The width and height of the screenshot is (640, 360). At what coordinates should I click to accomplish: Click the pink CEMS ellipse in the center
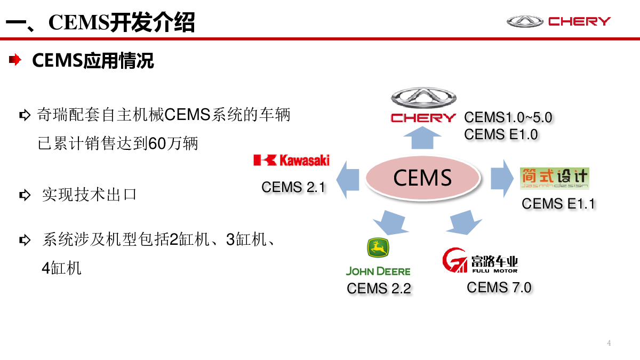[x=422, y=178]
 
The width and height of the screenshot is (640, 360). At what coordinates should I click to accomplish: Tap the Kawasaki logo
[x=291, y=159]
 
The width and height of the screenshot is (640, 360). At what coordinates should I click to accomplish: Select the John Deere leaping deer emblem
[x=378, y=247]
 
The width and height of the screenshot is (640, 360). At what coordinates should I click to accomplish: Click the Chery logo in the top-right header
[x=558, y=21]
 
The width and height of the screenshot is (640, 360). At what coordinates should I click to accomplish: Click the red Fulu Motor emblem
[x=454, y=260]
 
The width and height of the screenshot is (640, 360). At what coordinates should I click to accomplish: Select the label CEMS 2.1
[x=293, y=187]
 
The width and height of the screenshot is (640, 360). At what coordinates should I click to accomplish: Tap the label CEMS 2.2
[x=379, y=289]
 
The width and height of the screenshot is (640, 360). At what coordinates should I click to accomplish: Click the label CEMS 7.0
[x=499, y=287]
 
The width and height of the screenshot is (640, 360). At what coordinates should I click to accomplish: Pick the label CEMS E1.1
[x=558, y=203]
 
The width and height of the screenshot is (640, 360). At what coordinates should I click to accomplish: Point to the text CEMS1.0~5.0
[x=508, y=117]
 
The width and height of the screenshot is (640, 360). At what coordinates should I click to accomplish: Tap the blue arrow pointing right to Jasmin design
[x=501, y=178]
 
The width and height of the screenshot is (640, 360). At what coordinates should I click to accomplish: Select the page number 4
[x=609, y=343]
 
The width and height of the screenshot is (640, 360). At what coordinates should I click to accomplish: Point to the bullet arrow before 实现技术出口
[x=25, y=195]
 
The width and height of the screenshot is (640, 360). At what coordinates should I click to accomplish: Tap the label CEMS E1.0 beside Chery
[x=501, y=134]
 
